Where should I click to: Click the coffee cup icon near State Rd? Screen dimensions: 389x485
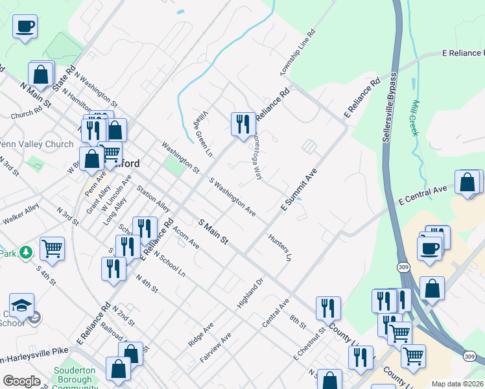25,27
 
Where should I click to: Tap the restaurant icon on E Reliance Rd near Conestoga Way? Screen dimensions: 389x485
243,124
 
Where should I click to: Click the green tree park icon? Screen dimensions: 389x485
25,252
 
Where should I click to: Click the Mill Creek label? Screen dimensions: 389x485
415,117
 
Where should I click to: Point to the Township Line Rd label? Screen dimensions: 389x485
295,52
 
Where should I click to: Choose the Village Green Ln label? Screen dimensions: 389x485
205,133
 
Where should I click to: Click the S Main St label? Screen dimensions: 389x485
213,231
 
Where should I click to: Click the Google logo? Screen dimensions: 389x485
21,381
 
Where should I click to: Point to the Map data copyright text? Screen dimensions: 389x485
457,383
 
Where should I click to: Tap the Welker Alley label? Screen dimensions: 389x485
20,214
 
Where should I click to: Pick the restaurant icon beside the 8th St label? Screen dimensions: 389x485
328,308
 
